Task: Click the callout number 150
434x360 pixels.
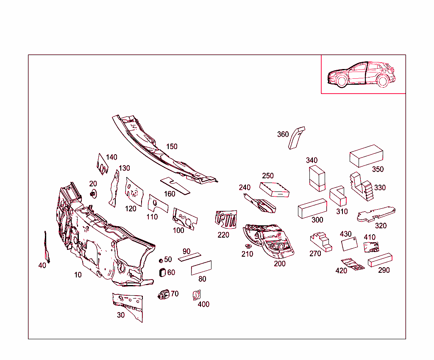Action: (172, 147)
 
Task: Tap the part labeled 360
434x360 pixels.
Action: (296, 138)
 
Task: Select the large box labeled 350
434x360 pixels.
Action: (366, 156)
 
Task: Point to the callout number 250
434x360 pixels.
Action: (268, 176)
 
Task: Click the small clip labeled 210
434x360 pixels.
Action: (248, 246)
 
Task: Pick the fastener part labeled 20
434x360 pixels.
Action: (94, 194)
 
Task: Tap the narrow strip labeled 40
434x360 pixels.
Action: (47, 247)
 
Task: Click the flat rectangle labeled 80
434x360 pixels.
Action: (201, 268)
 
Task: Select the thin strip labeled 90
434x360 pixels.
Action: (189, 257)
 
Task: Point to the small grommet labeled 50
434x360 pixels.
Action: (161, 261)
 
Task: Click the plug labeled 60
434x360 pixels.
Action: (162, 273)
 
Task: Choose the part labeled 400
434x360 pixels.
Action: (197, 295)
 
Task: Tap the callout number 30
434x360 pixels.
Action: (121, 315)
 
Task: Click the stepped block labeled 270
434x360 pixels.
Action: (321, 242)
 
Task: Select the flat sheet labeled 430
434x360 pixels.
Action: (349, 244)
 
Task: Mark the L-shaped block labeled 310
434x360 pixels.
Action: (338, 196)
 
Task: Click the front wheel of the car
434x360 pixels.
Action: (342, 81)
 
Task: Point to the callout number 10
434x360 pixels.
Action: (78, 275)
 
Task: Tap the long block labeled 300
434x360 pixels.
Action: (312, 208)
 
